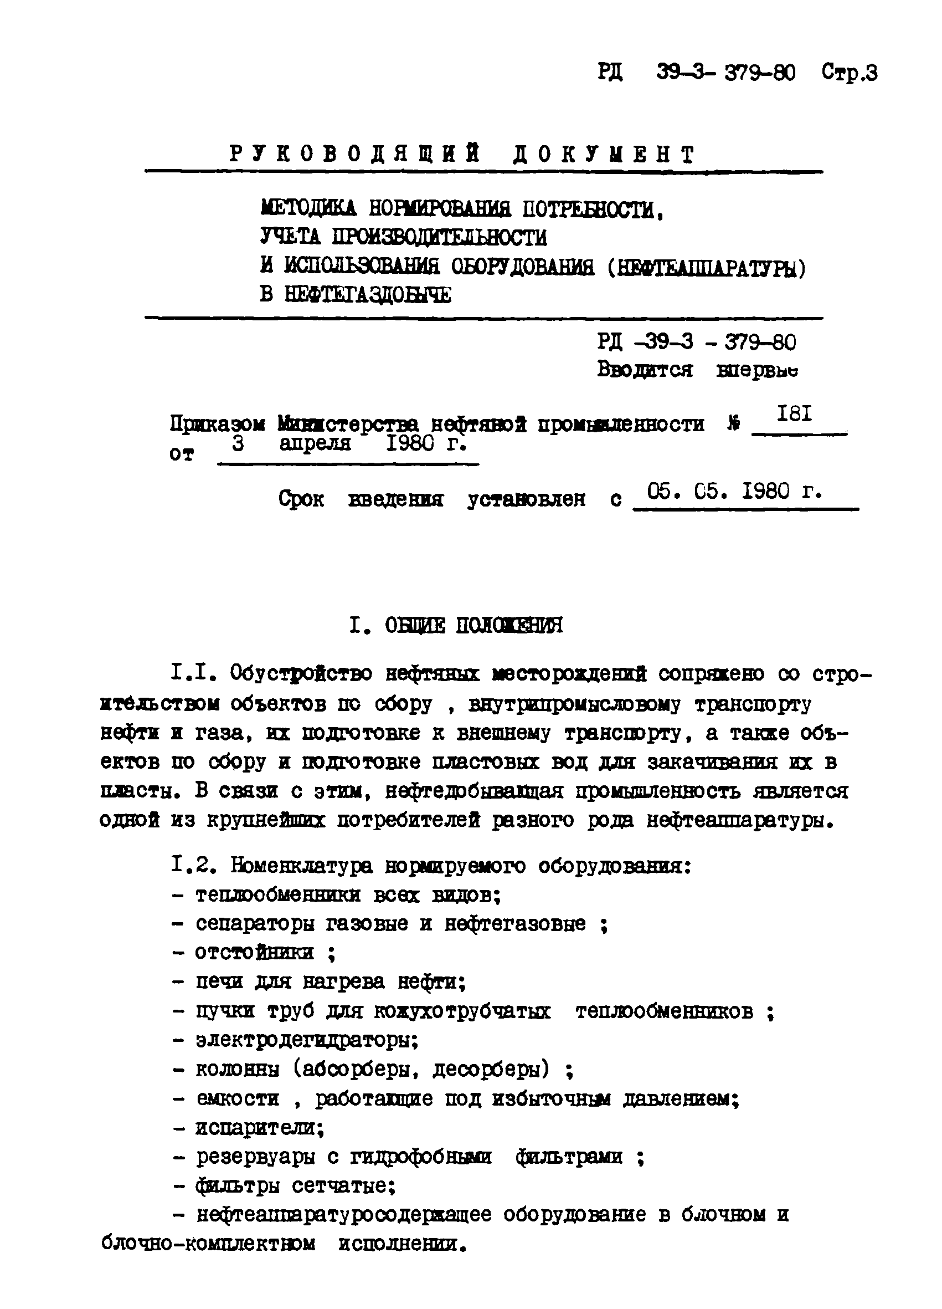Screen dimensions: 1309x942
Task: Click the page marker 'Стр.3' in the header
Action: tap(849, 73)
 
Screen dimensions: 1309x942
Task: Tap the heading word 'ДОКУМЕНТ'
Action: tap(604, 154)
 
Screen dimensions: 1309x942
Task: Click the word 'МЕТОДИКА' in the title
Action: tap(308, 208)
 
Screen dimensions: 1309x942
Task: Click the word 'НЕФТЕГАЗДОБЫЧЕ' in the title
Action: tap(368, 295)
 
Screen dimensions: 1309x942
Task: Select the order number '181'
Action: tap(794, 414)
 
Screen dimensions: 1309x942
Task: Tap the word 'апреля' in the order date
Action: tap(315, 443)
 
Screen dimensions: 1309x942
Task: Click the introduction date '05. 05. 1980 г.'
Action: tap(734, 491)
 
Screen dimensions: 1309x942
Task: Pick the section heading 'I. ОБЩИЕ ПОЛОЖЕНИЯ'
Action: tap(456, 625)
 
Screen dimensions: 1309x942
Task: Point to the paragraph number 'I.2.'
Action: tap(194, 865)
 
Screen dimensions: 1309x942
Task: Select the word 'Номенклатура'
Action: tap(302, 866)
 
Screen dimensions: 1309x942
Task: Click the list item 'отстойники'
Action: tap(254, 952)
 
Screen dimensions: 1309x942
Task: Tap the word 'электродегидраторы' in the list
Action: tap(306, 1040)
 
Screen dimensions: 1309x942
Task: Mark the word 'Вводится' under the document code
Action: tap(645, 370)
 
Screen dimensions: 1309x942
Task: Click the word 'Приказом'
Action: tap(218, 424)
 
